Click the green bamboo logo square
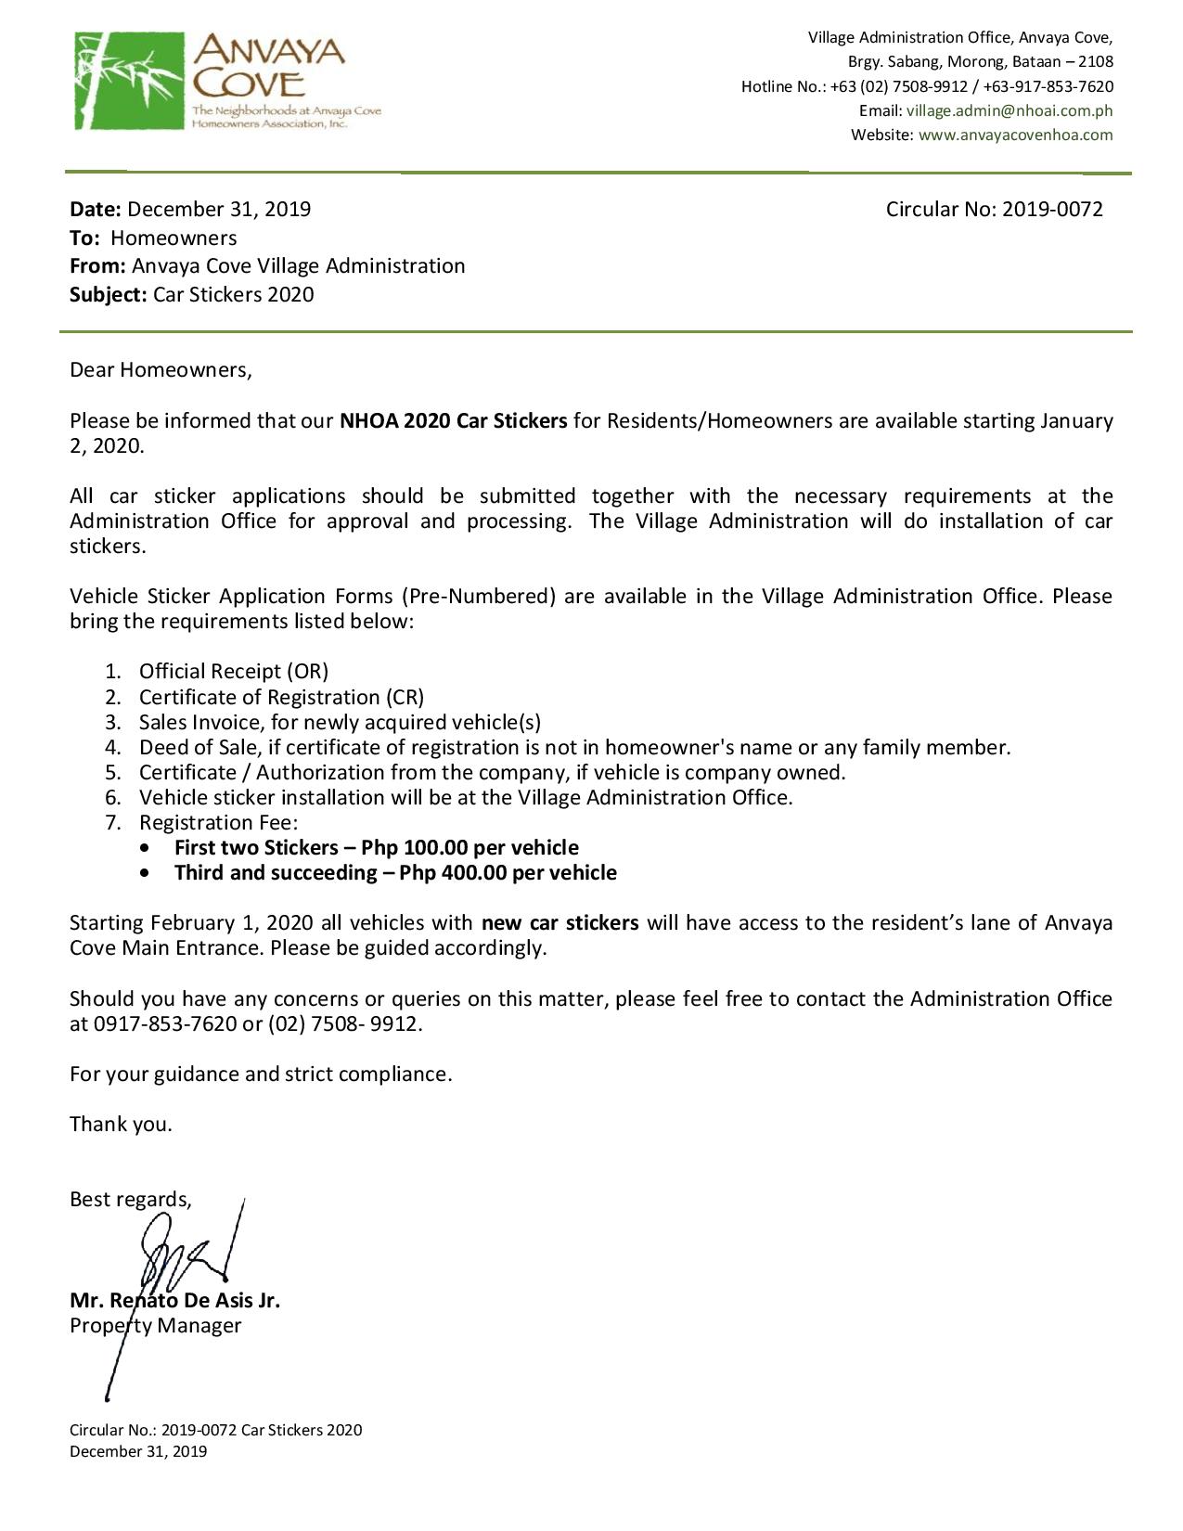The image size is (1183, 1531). (x=130, y=81)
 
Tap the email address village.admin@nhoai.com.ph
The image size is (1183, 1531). (x=1009, y=110)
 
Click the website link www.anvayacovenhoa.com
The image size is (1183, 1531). (x=1015, y=135)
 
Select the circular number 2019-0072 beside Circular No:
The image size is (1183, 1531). (x=1052, y=209)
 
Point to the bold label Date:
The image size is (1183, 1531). (x=96, y=209)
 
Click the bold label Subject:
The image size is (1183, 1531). (x=108, y=295)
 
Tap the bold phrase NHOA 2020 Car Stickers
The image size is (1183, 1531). (x=453, y=421)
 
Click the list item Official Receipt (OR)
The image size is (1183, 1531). (x=234, y=672)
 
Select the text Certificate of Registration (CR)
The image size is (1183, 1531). (x=281, y=697)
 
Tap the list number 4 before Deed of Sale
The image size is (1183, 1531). (x=112, y=748)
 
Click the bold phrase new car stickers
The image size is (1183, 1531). (x=559, y=923)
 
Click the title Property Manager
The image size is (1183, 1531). (x=155, y=1325)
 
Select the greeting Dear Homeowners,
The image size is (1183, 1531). (x=161, y=370)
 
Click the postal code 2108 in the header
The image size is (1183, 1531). (x=1096, y=62)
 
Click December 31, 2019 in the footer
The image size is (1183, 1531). (x=138, y=1451)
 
